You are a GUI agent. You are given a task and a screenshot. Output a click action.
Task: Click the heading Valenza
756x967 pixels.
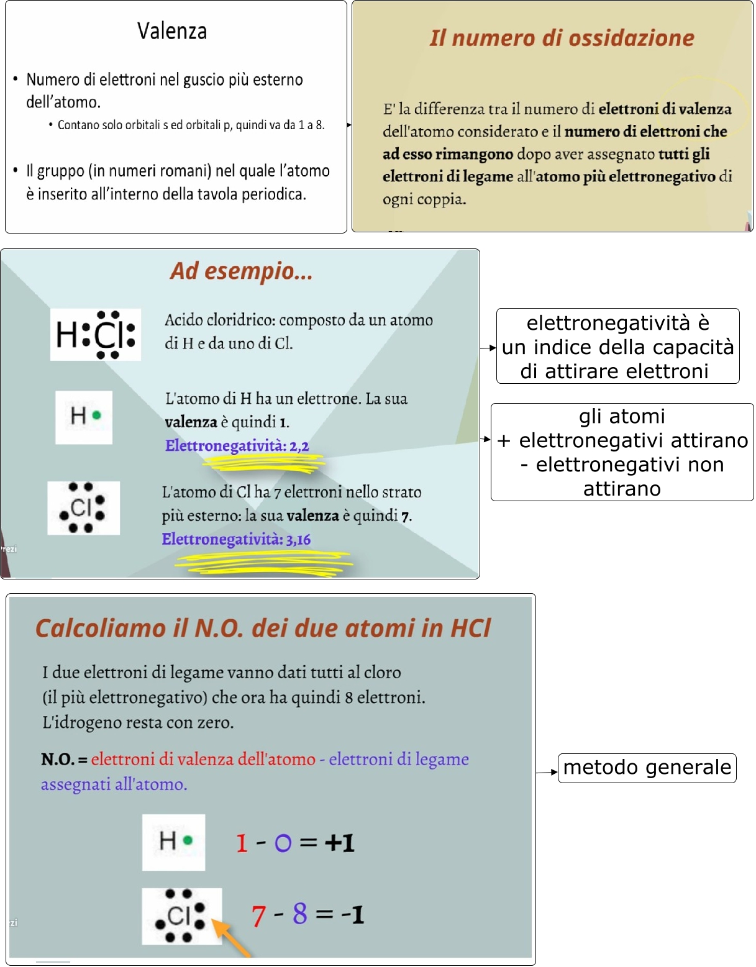172,31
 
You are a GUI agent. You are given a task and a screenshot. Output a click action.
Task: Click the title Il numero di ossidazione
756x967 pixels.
562,38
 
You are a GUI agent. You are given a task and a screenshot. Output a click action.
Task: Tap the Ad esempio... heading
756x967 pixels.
241,271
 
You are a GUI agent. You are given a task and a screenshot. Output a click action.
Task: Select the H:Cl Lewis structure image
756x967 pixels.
96,335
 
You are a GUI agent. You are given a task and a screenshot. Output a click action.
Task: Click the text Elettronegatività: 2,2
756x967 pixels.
237,445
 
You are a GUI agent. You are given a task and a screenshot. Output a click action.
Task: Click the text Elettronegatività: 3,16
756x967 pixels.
236,539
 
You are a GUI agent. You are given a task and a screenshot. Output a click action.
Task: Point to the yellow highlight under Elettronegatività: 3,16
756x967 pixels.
264,563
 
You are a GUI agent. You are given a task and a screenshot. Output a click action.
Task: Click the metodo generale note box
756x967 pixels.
647,768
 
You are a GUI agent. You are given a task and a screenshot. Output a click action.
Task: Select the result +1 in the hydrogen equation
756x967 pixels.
339,843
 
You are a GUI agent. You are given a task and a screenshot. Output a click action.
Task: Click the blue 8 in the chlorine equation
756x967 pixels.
300,914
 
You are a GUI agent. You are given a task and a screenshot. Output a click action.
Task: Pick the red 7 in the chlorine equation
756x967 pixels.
259,915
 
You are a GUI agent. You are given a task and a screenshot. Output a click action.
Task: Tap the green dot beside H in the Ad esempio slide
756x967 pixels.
96,415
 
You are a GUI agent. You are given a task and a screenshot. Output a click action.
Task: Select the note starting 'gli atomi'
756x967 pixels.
622,452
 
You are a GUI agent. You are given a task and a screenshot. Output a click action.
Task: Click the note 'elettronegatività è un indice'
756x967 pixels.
617,347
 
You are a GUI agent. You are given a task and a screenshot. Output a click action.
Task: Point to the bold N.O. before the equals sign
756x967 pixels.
57,759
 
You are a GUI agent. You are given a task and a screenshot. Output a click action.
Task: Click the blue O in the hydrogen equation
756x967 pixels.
283,843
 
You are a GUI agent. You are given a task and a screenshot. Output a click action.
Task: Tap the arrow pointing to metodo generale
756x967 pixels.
547,772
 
